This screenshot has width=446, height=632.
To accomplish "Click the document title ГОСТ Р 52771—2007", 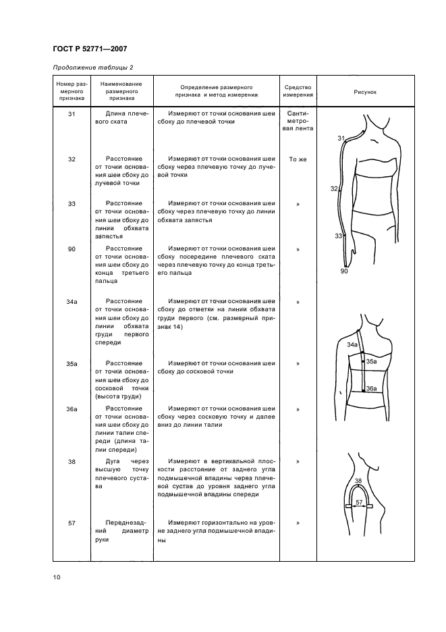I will coord(90,49).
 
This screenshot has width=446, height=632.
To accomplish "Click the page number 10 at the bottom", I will coord(57,577).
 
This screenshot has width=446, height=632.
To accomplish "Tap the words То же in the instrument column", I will coord(297,159).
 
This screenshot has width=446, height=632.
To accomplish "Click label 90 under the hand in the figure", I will coord(344,271).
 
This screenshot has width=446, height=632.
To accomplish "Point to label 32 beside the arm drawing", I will coord(335,189).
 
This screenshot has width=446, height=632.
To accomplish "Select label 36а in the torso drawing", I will coord(371,389).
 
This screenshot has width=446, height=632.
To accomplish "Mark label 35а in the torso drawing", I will coord(371,362).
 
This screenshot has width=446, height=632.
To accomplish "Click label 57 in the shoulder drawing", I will coord(360,502).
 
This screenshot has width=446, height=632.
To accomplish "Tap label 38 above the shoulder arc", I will coord(358,481).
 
